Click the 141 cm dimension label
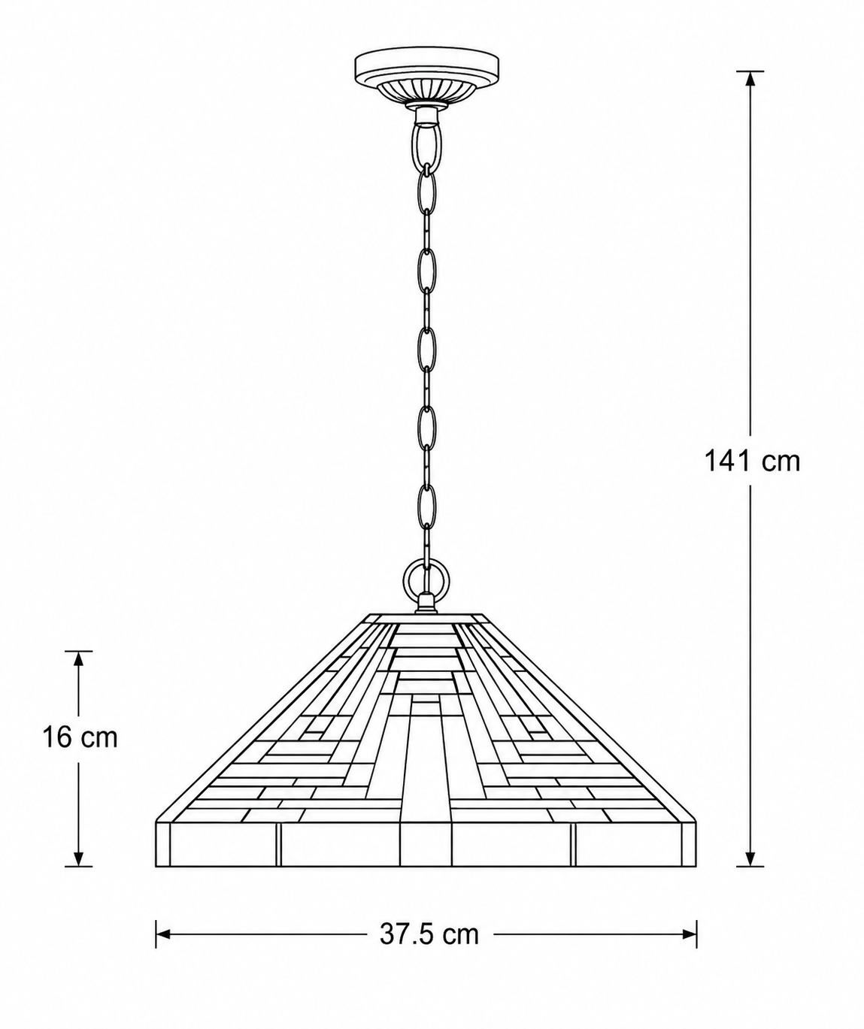coord(751,462)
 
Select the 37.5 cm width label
coord(429,947)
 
